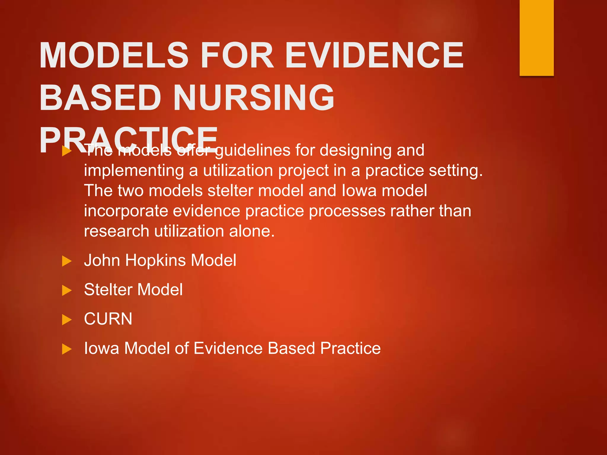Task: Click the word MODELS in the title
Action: (114, 55)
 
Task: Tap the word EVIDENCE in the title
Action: (374, 55)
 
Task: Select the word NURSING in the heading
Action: (254, 98)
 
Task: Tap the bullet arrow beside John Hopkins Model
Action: (67, 261)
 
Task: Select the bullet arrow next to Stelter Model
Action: (67, 290)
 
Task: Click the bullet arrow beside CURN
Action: (67, 320)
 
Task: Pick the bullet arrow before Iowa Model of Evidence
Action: (67, 349)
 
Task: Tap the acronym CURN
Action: (108, 319)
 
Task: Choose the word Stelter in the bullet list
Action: (108, 290)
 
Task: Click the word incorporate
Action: (126, 211)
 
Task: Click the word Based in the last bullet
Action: (291, 348)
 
